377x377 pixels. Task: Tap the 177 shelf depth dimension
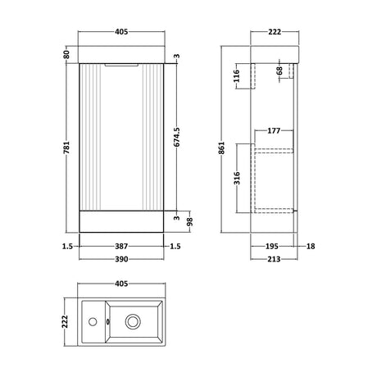[x=274, y=129]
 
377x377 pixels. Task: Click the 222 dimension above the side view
[x=275, y=34]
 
